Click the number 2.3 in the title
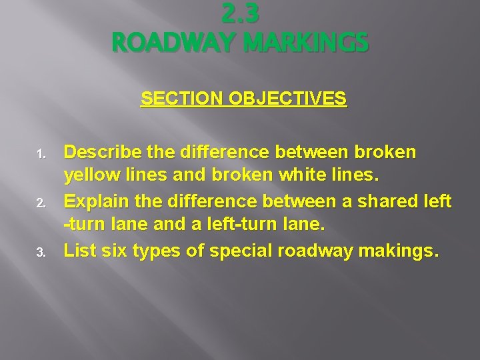(239, 13)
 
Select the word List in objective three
(78, 251)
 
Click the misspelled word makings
(402, 251)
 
